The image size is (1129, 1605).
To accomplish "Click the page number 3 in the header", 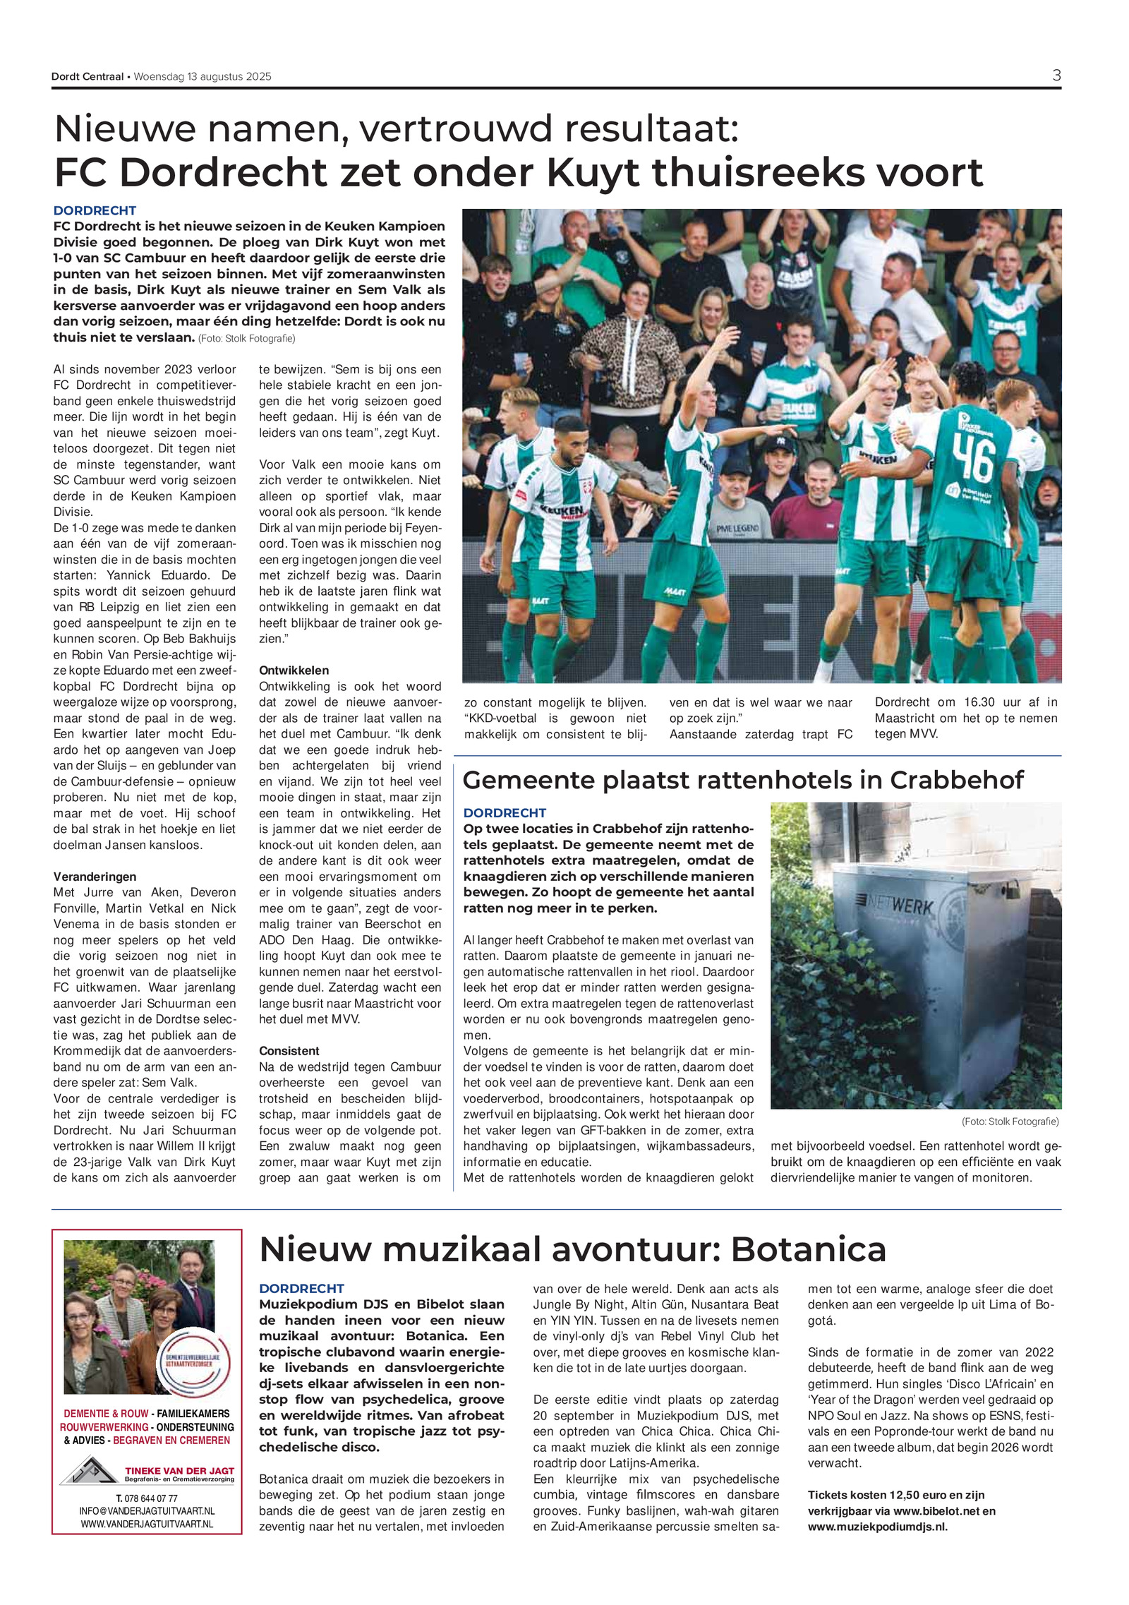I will pos(1056,76).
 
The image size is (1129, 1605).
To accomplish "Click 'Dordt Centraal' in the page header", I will pos(87,77).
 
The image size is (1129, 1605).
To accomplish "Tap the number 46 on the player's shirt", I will pos(974,457).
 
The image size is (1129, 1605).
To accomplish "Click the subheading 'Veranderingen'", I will pos(95,877).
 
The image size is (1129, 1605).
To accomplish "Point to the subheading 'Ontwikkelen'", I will pos(294,671).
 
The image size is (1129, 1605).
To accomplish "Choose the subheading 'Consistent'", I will pos(289,1051).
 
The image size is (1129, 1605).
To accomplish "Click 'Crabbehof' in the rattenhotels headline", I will pos(956,780).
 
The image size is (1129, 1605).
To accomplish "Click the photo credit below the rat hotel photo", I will pos(1010,1122).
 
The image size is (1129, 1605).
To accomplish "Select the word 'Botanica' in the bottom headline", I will pos(808,1250).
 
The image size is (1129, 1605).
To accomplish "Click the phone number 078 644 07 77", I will pos(147,1498).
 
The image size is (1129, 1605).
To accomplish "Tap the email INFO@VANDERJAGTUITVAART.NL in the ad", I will pos(147,1511).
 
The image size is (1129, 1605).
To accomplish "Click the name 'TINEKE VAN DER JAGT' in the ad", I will pos(179,1471).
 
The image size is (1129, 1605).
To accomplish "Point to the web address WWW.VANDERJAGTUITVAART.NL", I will pos(147,1525).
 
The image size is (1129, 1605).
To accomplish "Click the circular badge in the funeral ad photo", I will pos(192,1363).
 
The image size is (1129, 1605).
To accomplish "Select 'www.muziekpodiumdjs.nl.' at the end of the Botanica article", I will pos(877,1527).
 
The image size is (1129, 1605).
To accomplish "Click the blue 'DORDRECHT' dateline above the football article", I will pos(95,210).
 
